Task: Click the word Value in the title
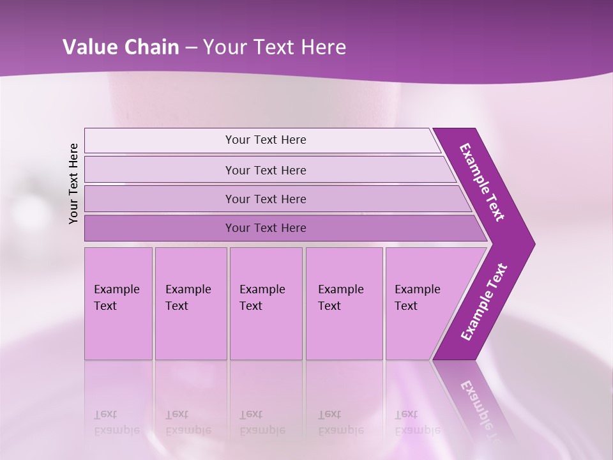(x=87, y=47)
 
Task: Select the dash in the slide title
(x=191, y=48)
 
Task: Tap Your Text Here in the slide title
(x=275, y=47)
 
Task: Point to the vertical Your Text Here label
(x=73, y=183)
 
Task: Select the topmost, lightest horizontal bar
(x=265, y=140)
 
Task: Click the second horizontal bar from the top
(x=265, y=170)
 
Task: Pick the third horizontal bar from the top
(x=265, y=199)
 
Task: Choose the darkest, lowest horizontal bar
(x=265, y=228)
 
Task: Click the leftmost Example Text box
(x=118, y=303)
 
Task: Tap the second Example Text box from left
(x=190, y=303)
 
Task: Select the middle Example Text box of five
(x=265, y=303)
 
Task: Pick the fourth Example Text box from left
(x=344, y=303)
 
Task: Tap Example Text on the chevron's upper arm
(x=482, y=182)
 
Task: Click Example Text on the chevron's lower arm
(x=484, y=302)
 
